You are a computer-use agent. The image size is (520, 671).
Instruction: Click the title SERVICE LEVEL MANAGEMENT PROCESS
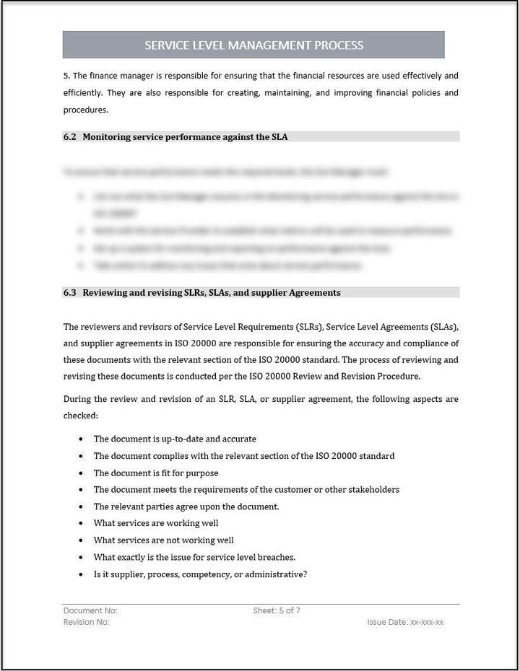253,45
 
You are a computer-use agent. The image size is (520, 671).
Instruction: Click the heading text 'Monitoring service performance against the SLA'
185,136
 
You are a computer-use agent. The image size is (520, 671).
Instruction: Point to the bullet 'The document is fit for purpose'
155,473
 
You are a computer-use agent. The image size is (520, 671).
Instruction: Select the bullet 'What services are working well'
155,523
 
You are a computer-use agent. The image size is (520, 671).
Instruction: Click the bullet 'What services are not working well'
163,540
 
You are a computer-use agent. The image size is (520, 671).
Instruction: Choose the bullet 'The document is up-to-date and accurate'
175,439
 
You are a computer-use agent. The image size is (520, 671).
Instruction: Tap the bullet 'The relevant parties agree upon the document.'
186,506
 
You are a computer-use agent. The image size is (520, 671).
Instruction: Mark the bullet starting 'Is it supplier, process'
200,574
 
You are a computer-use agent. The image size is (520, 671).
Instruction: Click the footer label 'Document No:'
90,611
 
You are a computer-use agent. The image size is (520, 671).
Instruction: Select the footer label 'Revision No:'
87,622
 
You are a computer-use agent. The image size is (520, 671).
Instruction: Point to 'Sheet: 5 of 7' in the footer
277,611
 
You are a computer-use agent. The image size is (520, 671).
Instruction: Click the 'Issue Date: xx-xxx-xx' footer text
405,622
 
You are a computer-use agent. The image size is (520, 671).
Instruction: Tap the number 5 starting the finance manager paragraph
66,76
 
